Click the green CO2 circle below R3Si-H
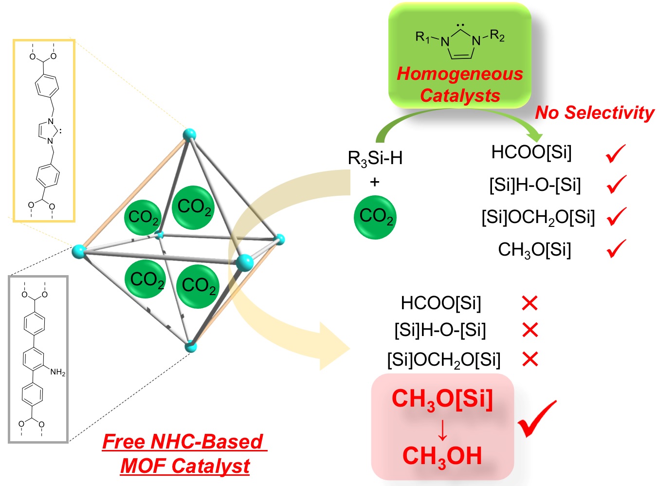coord(375,217)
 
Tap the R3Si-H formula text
coord(375,158)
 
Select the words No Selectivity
coord(595,112)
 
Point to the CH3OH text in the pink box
coord(442,456)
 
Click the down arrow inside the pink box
coord(442,429)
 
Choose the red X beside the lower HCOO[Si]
coord(529,303)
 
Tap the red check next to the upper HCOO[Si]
coord(616,154)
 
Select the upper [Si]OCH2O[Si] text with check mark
coord(538,217)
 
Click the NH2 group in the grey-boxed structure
coord(57,373)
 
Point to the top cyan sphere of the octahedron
coord(189,135)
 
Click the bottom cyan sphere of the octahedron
coord(190,347)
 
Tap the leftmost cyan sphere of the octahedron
coord(78,251)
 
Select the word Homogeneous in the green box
coord(460,74)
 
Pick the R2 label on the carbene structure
coord(497,36)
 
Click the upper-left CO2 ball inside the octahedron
coord(143,217)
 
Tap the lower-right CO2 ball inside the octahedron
coord(198,286)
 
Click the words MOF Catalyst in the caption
coord(185,466)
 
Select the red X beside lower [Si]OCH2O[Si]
coord(529,360)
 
